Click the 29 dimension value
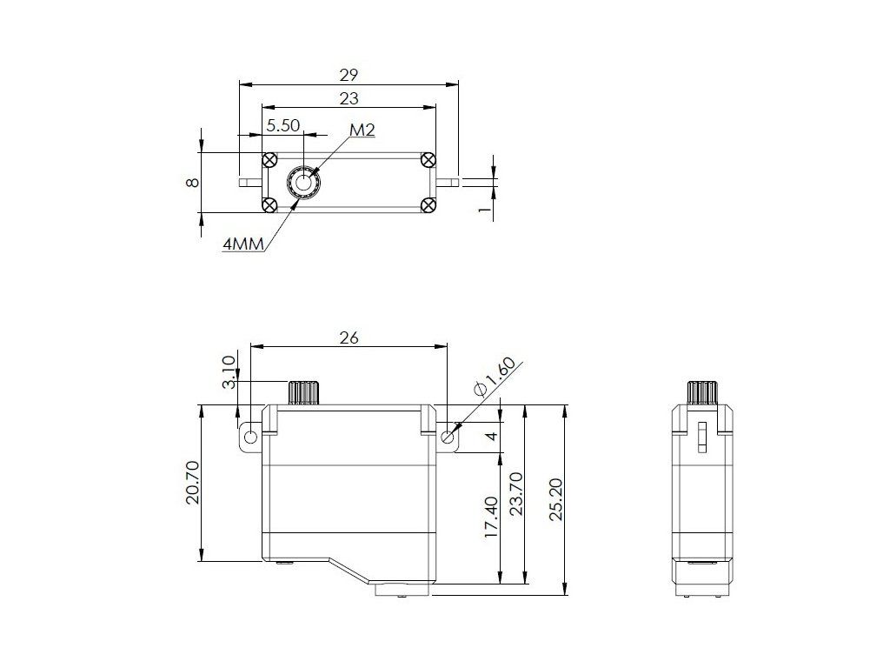coord(349,75)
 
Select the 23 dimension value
coord(349,98)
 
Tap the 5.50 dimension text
coord(282,125)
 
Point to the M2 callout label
coord(362,130)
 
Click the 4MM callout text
coord(243,244)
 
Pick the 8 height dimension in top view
coord(193,183)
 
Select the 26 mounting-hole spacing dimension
coord(349,337)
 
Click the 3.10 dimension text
coord(229,372)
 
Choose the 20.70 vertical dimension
coord(193,482)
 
